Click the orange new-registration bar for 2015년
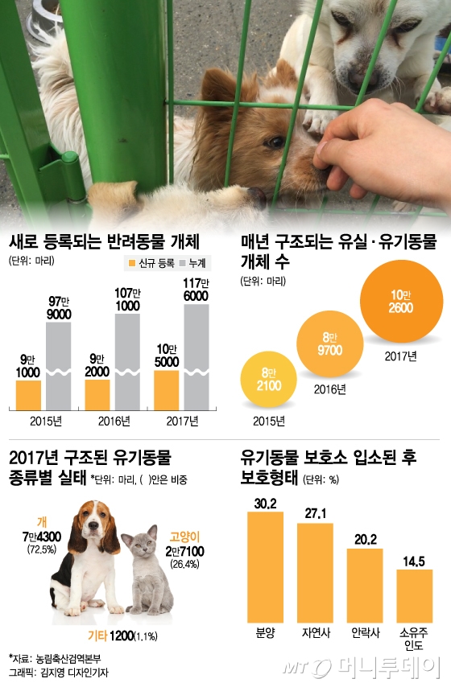[x=28, y=394]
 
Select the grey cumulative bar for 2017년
[x=197, y=354]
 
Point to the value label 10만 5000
[x=167, y=354]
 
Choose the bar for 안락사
[x=364, y=583]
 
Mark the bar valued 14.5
[x=414, y=594]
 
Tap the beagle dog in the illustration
[x=87, y=555]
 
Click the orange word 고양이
[x=185, y=536]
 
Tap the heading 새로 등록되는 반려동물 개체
[x=104, y=241]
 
